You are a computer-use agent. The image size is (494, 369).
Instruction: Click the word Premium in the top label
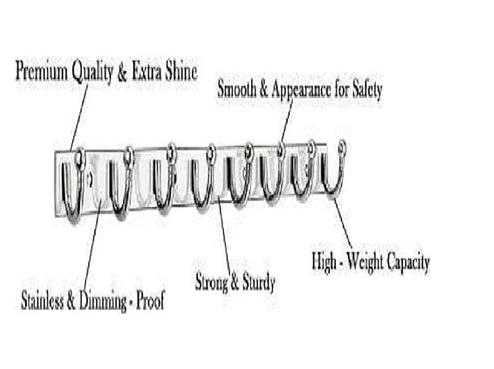click(x=42, y=71)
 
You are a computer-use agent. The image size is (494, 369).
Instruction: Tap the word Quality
click(x=92, y=72)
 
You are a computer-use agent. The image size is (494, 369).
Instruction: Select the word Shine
click(x=181, y=71)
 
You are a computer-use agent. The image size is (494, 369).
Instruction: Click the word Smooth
click(x=237, y=89)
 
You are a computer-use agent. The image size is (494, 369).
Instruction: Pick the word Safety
click(x=367, y=89)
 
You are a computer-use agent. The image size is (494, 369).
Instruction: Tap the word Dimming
click(x=102, y=301)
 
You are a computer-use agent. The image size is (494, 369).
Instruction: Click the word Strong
click(x=211, y=282)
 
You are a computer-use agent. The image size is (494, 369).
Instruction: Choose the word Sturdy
click(x=259, y=283)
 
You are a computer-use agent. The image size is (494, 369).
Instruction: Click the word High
click(x=324, y=261)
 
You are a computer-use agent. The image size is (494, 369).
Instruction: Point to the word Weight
click(x=366, y=262)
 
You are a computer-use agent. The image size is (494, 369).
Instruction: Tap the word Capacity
click(x=409, y=262)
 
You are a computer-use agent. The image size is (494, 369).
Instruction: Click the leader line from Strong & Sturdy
click(x=224, y=234)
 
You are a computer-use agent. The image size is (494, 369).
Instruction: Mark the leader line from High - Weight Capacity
click(x=343, y=223)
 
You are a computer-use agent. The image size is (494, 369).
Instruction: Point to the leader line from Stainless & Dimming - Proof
click(x=92, y=245)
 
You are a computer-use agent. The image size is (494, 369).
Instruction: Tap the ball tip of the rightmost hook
click(x=342, y=146)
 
